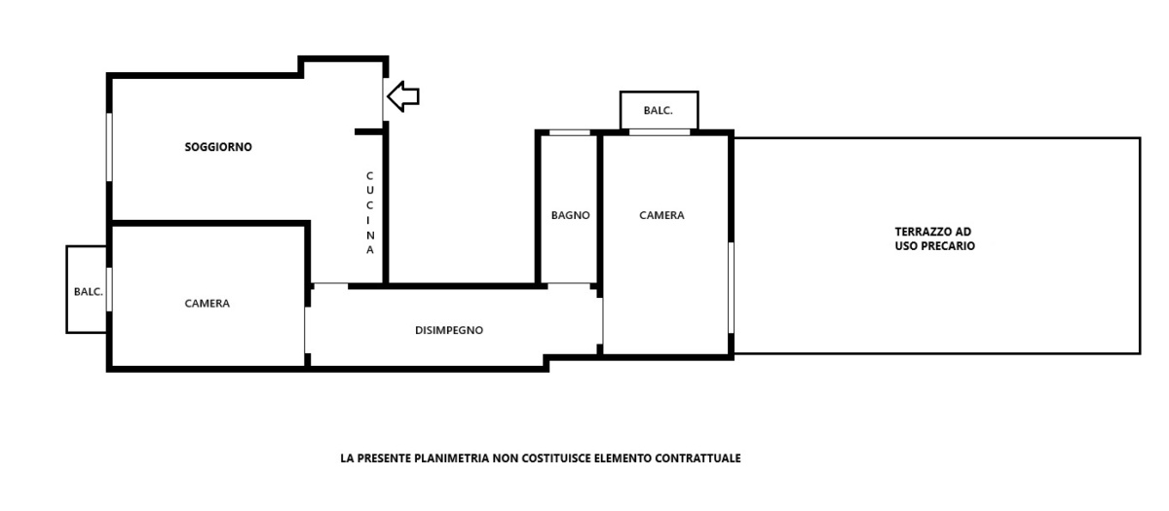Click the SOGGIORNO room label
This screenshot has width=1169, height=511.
(218, 147)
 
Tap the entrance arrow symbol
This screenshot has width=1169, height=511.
(403, 96)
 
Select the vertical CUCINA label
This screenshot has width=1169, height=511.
(370, 213)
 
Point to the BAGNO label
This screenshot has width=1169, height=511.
(571, 215)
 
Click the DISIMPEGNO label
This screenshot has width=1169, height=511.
(449, 330)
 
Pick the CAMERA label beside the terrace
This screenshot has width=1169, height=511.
(661, 215)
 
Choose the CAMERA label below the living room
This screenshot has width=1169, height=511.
(207, 304)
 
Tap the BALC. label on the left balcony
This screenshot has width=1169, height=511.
(89, 292)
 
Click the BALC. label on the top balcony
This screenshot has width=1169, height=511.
(659, 111)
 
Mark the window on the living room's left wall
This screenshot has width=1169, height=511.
(109, 147)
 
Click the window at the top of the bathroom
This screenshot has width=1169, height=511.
(569, 132)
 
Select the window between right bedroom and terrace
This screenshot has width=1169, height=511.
(732, 287)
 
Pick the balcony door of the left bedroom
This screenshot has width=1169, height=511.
(109, 289)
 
